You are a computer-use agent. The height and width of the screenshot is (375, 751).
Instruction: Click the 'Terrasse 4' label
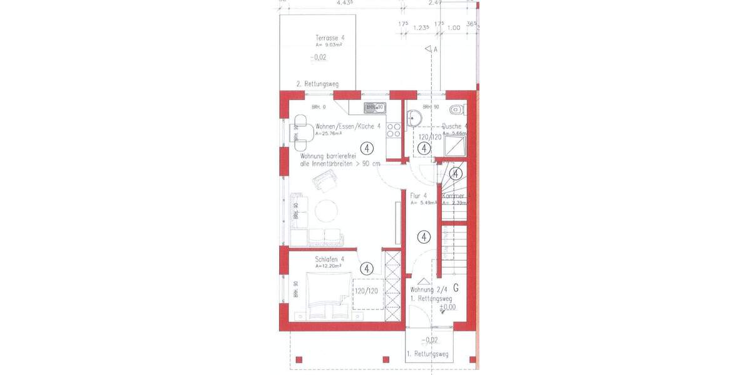coord(330,38)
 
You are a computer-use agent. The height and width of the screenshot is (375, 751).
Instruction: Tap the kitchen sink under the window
coord(375,107)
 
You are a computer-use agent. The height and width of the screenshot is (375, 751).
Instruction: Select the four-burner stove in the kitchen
coord(394,129)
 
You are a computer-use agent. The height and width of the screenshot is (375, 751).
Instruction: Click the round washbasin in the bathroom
coord(414,117)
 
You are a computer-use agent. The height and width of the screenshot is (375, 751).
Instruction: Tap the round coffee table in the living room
coord(327,211)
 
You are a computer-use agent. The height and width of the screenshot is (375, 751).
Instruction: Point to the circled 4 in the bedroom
coord(367,268)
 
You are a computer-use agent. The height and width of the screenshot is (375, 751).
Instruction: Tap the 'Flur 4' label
coord(419,196)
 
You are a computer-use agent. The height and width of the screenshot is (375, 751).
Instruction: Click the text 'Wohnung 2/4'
coord(429,290)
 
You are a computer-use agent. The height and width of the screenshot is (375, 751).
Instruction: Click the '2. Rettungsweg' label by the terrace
coord(317,84)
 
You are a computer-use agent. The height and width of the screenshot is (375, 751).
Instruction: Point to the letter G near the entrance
coord(456,288)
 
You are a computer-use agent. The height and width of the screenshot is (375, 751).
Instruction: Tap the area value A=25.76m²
coord(328,134)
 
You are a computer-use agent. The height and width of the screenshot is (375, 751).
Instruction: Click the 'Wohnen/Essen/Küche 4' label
coord(348,126)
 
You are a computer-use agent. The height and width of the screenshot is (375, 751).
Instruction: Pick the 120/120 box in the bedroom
coord(366,291)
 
